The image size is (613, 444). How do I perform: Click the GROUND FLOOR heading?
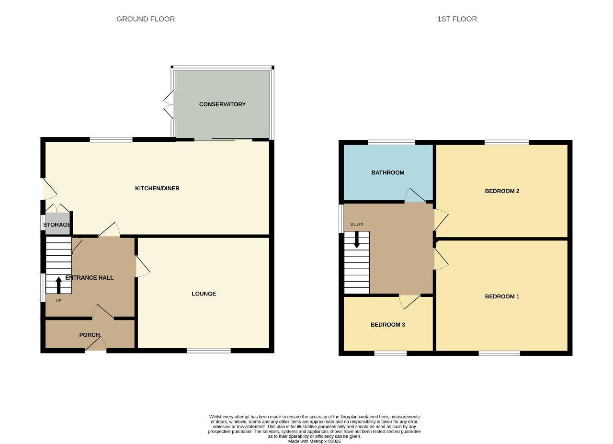pos(146,19)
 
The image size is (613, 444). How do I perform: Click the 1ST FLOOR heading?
pos(457,19)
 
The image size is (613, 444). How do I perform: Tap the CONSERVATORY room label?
pos(222,104)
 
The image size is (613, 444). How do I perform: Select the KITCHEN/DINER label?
pos(157,188)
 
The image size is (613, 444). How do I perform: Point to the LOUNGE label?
pos(204,294)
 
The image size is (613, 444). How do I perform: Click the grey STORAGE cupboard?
pos(57,224)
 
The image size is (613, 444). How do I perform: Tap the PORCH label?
pos(90,335)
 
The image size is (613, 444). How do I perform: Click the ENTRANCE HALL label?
pos(89,278)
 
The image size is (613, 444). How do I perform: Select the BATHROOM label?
pos(388,173)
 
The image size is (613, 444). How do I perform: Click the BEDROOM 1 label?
pos(502,296)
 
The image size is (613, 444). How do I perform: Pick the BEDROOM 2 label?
pos(502,191)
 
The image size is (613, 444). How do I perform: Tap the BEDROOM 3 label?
pos(387,325)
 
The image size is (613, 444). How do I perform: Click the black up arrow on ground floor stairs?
pos(58,285)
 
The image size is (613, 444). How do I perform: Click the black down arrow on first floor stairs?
pos(357,240)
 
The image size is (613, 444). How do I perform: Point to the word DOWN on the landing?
pos(357,224)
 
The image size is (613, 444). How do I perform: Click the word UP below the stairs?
pos(58,301)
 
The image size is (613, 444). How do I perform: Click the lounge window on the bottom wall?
pos(209,351)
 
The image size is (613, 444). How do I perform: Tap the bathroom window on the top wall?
pos(392,142)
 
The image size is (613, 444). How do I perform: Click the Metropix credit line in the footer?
pos(314,441)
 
